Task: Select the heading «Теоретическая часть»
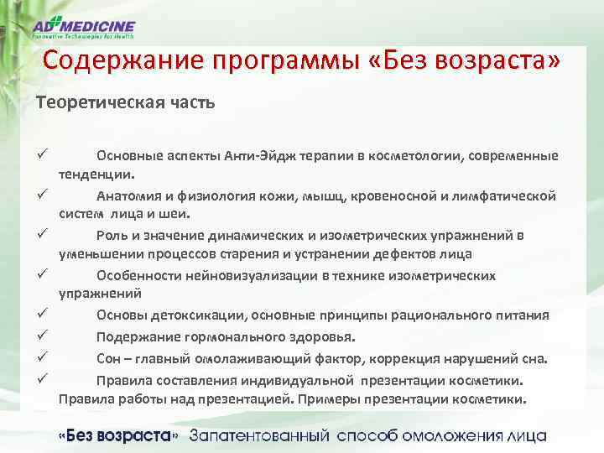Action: pos(125,103)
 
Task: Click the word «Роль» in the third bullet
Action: pos(112,236)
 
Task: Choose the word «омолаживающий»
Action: pos(239,359)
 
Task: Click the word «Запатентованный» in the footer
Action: pos(260,436)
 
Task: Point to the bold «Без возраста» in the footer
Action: pos(117,436)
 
